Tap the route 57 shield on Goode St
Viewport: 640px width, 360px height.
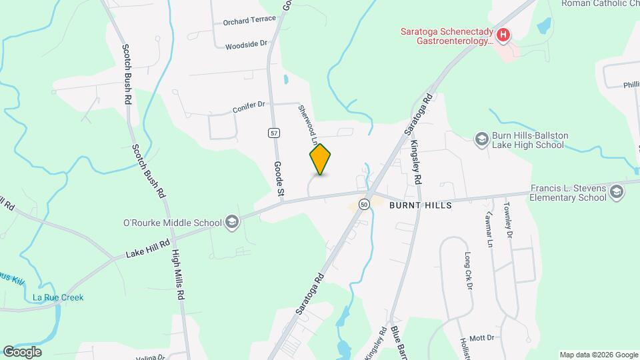(x=274, y=133)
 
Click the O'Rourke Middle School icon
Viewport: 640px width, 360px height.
(x=232, y=222)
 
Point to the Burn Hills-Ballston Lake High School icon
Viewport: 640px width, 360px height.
(x=481, y=139)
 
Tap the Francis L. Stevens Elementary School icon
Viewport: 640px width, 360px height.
(x=617, y=193)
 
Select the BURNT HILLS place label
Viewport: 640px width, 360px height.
(x=421, y=205)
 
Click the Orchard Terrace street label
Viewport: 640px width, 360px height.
(x=249, y=20)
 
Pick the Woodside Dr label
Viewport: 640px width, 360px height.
(x=246, y=45)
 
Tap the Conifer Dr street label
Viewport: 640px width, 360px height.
(x=249, y=105)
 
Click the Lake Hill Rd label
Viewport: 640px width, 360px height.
(x=149, y=246)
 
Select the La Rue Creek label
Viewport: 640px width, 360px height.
(x=59, y=297)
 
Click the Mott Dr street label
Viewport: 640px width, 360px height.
(x=481, y=338)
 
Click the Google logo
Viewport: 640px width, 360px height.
(x=22, y=352)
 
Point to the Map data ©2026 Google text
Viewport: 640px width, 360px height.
(x=598, y=355)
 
